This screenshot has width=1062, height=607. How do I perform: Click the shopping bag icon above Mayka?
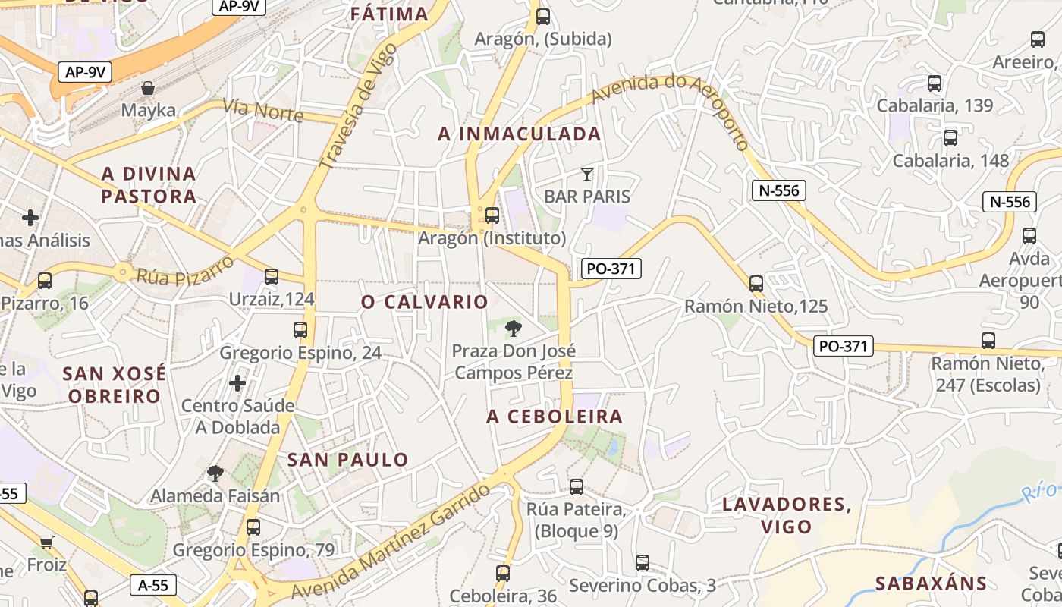[x=148, y=88]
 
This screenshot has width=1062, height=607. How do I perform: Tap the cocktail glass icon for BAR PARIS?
[x=586, y=175]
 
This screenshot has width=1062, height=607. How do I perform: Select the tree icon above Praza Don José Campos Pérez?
[x=514, y=329]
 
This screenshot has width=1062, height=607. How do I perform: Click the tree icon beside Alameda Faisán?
[x=215, y=474]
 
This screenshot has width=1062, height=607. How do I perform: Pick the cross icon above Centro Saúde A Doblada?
[x=237, y=383]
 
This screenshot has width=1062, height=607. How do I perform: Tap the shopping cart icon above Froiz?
[x=47, y=543]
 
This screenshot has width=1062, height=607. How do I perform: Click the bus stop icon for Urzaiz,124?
[x=272, y=277]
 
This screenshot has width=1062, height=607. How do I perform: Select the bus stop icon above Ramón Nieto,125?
[x=756, y=284]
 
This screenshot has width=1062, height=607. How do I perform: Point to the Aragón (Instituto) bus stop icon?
[x=492, y=215]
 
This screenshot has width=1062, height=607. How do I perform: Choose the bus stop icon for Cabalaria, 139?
[x=935, y=83]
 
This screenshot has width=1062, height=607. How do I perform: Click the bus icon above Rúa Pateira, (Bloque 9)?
[x=577, y=487]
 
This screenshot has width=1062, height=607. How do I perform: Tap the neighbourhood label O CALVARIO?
[x=425, y=302]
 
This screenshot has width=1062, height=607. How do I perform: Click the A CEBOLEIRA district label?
[x=555, y=417]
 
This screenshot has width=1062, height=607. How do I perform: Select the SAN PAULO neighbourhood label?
[x=348, y=460]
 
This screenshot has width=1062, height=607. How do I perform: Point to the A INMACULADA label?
[x=520, y=134]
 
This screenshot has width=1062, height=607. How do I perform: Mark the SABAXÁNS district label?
[x=931, y=583]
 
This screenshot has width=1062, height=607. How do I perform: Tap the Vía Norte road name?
[x=263, y=111]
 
